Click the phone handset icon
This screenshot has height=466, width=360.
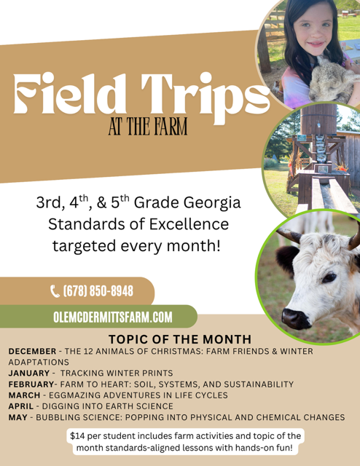[55, 291]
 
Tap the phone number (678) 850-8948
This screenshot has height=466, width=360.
[98, 291]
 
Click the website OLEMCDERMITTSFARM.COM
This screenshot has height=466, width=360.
[113, 317]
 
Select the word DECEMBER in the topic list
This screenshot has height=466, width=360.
[32, 351]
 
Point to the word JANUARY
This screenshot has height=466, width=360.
[29, 373]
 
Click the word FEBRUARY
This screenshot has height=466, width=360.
[31, 384]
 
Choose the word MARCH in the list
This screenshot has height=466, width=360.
[24, 395]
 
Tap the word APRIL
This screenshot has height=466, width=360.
[21, 406]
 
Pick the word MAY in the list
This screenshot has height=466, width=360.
[17, 417]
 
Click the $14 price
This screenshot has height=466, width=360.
[77, 436]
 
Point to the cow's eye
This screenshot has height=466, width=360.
[329, 278]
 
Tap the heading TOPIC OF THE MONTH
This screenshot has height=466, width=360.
[180, 339]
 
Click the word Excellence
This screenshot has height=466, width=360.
[189, 224]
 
